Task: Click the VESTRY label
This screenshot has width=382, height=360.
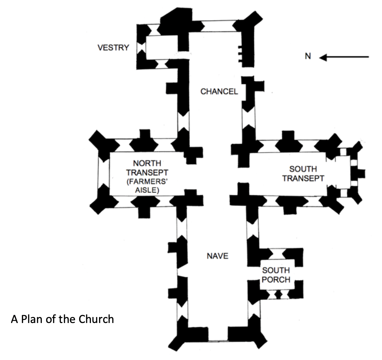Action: (113, 48)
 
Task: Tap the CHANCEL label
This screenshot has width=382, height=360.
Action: (219, 92)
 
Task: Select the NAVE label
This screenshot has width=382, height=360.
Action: (217, 256)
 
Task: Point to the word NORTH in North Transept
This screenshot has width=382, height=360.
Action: (147, 163)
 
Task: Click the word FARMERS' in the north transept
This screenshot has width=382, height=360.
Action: (147, 182)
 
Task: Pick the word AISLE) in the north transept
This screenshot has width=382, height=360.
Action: (147, 190)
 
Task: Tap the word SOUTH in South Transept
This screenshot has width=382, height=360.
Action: (303, 169)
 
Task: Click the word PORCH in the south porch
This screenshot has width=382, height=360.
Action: (276, 280)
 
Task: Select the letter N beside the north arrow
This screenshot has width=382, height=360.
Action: (308, 56)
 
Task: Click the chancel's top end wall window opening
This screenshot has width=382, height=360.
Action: (218, 26)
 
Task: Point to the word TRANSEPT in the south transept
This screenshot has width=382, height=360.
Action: (303, 178)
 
